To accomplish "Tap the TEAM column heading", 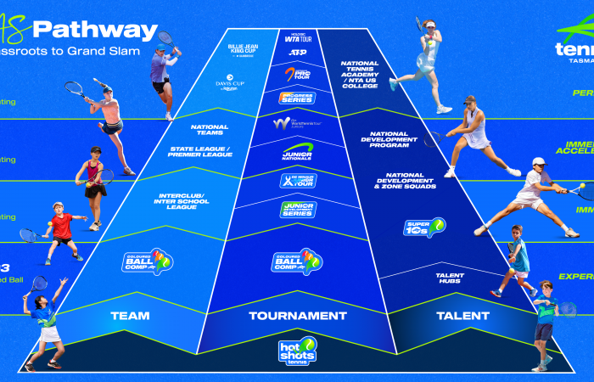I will click(130, 316).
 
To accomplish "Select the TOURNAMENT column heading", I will click(297, 316).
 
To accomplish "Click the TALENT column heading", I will click(462, 316).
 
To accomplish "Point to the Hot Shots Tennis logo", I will click(297, 351).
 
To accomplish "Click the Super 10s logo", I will click(424, 228).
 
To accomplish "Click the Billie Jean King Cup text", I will click(244, 46).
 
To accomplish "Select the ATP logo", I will click(297, 53).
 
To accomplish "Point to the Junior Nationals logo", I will click(297, 152).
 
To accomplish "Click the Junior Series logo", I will click(297, 209).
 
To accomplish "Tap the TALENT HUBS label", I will click(450, 278).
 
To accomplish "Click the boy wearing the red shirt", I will click(60, 226).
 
